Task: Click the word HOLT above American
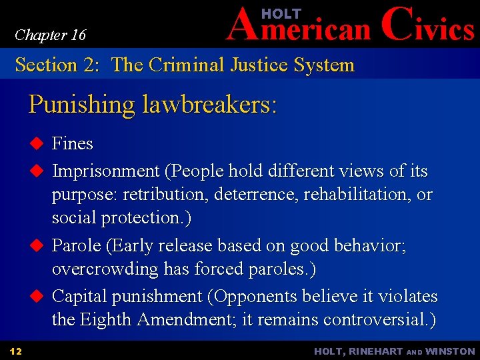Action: coord(281,14)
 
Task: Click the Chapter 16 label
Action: coord(50,35)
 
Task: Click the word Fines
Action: coord(72,143)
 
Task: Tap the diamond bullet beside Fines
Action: coord(37,143)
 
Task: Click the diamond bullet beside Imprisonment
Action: coord(37,171)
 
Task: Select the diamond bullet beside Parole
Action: coord(37,245)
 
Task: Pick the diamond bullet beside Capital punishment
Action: coord(37,296)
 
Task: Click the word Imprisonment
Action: coord(106,171)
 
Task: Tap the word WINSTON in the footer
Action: coord(449,351)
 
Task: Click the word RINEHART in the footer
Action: coord(377,351)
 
